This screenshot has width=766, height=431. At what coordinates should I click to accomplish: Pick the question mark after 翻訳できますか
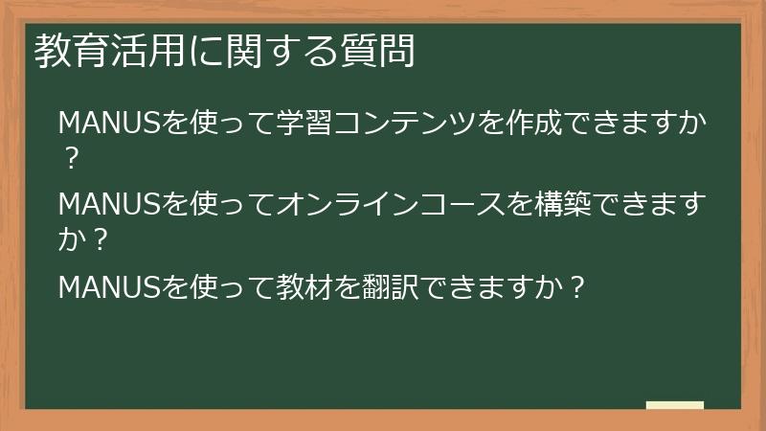click(576, 285)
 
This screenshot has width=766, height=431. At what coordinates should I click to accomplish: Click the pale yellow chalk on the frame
click(675, 406)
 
